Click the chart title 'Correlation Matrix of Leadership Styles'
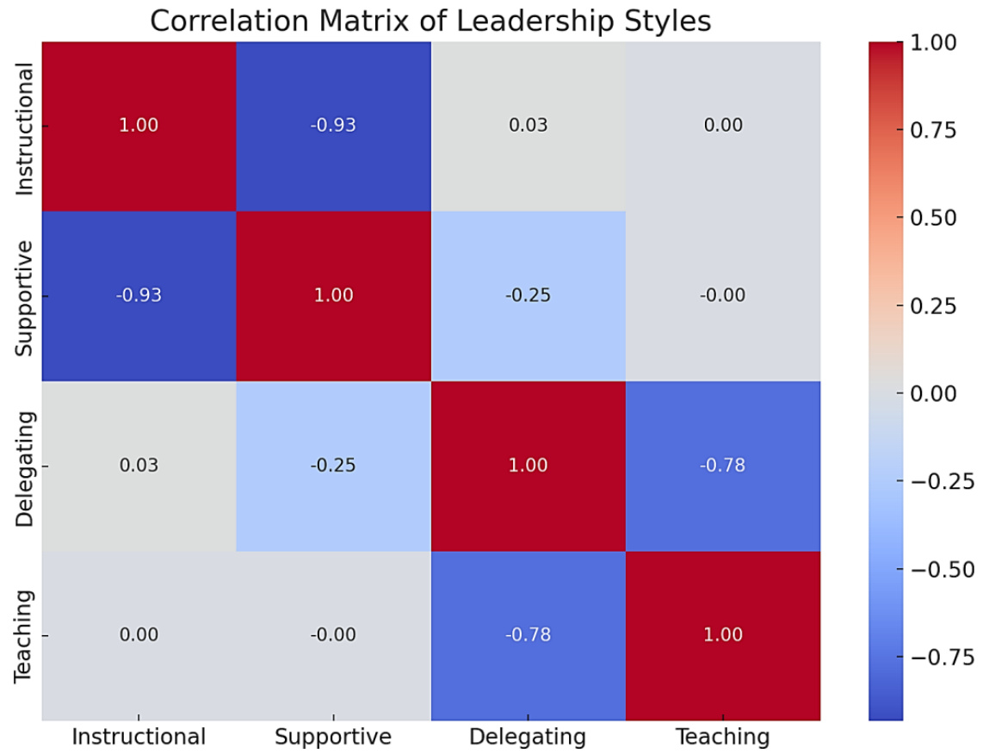pyautogui.click(x=430, y=20)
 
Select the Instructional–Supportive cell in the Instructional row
pyautogui.click(x=333, y=126)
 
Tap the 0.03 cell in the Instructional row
pyautogui.click(x=528, y=126)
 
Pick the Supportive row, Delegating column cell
pyautogui.click(x=528, y=295)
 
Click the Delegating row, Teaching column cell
pyautogui.click(x=722, y=466)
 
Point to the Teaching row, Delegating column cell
pyautogui.click(x=528, y=635)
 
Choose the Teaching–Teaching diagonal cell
pyautogui.click(x=722, y=635)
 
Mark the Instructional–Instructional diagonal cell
pyautogui.click(x=139, y=126)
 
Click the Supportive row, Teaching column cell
pyautogui.click(x=722, y=295)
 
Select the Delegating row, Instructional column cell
pyautogui.click(x=139, y=466)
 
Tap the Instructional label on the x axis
pyautogui.click(x=139, y=737)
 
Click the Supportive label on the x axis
pyautogui.click(x=333, y=737)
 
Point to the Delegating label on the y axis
pyautogui.click(x=25, y=466)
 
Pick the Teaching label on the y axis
pyautogui.click(x=25, y=635)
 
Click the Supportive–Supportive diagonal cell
pyautogui.click(x=333, y=295)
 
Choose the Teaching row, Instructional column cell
pyautogui.click(x=139, y=635)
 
